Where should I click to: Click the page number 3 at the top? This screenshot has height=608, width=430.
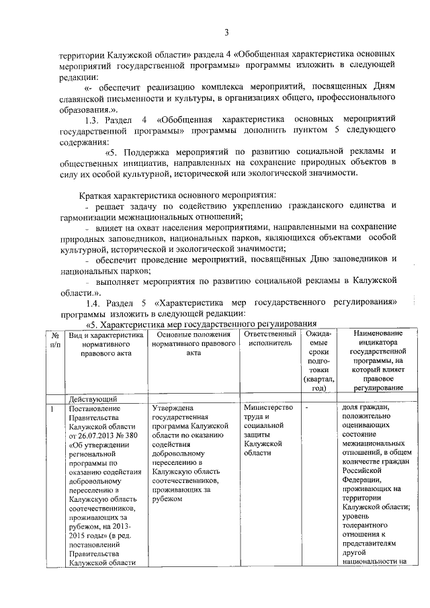(226, 32)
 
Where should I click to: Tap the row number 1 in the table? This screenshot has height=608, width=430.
(52, 408)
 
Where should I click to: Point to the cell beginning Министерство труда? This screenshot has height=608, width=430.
(268, 430)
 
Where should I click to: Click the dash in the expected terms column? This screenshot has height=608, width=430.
(307, 408)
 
